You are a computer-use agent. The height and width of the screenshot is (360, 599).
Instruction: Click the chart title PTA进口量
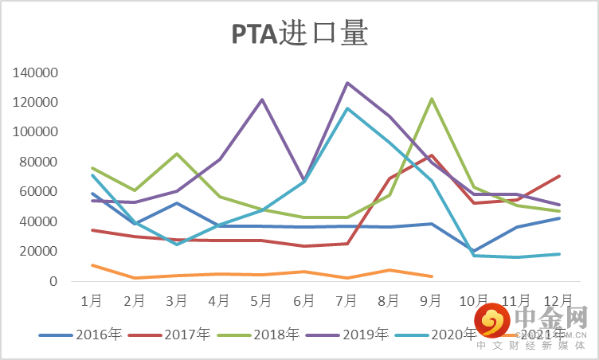pyautogui.click(x=299, y=34)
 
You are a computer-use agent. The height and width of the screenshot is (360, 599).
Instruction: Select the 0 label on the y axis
pyautogui.click(x=53, y=281)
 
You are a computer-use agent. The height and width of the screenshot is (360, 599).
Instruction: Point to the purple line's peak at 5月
pyautogui.click(x=262, y=100)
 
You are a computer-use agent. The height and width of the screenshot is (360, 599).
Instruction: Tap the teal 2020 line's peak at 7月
pyautogui.click(x=347, y=108)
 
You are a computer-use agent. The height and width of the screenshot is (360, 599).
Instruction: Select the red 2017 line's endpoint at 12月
pyautogui.click(x=560, y=176)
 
